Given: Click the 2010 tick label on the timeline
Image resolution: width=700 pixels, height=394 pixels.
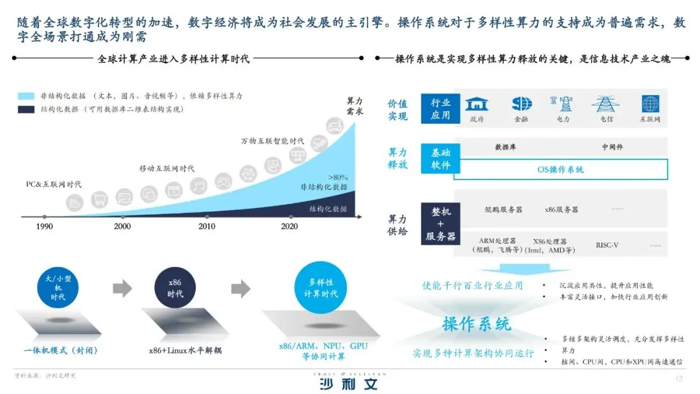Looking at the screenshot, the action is tap(207, 227).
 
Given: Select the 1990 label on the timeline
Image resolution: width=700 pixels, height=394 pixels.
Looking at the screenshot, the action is tap(44, 227).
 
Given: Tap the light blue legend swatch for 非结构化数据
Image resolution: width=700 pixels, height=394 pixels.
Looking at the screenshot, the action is tap(26, 96).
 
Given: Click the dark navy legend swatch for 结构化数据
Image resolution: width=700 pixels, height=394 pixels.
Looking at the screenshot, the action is tap(26, 110).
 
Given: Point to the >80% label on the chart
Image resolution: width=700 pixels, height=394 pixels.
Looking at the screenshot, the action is tap(338, 176).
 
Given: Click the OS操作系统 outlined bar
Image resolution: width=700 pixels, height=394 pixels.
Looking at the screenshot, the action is tap(561, 169).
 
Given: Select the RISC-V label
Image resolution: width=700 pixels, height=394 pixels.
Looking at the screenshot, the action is tap(607, 245).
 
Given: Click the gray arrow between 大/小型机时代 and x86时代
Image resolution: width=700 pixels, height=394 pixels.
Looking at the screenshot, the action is tap(122, 287).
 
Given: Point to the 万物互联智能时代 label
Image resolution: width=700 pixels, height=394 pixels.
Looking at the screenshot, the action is tap(272, 141).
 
